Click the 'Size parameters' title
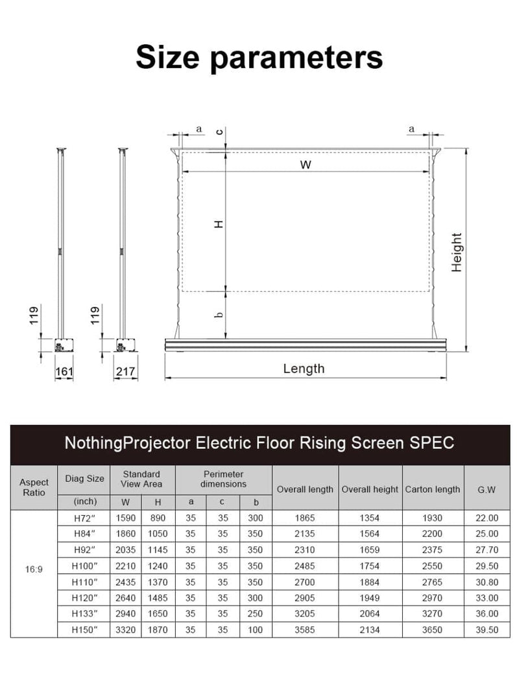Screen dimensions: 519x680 [x=259, y=57]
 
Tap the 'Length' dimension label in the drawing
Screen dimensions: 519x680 [x=304, y=369]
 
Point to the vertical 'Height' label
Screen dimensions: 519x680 [x=457, y=252]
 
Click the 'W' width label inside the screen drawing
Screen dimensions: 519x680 [x=306, y=165]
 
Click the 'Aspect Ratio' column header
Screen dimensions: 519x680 [x=34, y=487]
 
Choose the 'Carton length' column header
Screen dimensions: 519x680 [x=433, y=489]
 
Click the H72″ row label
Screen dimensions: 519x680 [x=84, y=518]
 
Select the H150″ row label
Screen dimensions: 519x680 [x=84, y=629]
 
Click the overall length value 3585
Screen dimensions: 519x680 [x=305, y=629]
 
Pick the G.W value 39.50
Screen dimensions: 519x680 [x=487, y=629]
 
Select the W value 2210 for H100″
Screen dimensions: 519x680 [x=126, y=565]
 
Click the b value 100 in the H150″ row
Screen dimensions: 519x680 [x=256, y=629]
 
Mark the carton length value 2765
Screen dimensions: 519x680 [x=433, y=581]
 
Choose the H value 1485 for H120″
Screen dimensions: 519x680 [x=158, y=597]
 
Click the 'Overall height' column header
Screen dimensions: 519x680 [x=370, y=489]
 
